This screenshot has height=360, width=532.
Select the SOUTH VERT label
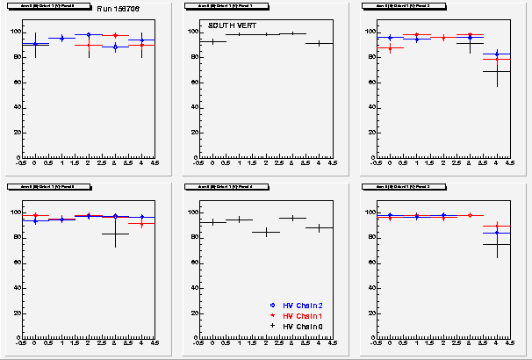(228, 25)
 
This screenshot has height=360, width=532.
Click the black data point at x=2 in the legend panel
(266, 233)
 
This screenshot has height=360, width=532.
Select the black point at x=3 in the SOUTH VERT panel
(292, 33)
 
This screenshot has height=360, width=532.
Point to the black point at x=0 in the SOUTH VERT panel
(212, 41)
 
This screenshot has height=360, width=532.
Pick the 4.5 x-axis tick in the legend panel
(332, 343)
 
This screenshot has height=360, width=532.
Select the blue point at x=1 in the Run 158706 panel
(61, 38)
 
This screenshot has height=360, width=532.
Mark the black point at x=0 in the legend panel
(212, 222)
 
